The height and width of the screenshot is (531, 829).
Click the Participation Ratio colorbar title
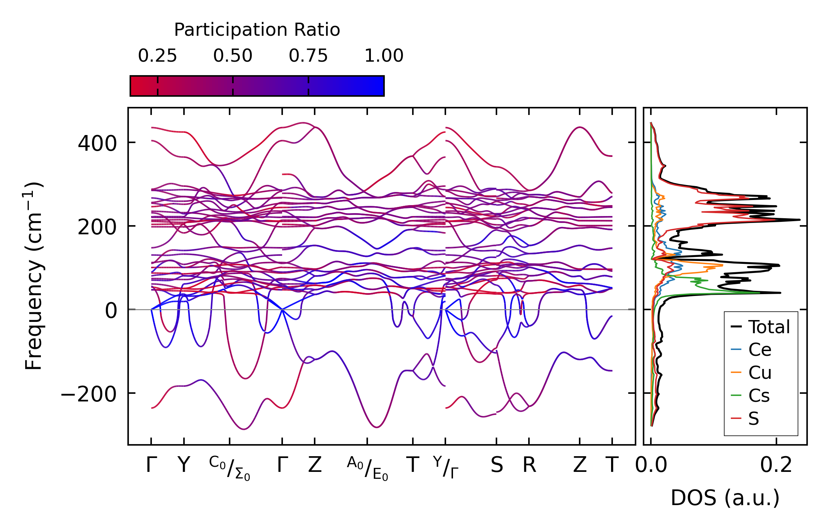pos(257,30)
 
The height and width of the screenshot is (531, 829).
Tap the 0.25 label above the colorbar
pos(157,56)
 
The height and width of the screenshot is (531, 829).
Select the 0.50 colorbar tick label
pos(233,56)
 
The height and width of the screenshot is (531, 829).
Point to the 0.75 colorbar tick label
pos(308,56)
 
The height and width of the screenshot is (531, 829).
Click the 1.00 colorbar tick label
pos(384,56)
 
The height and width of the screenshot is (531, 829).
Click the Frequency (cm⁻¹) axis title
pos(34,276)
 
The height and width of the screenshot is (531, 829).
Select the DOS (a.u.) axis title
pos(725,498)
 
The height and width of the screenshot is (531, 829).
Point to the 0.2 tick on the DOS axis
pos(776,465)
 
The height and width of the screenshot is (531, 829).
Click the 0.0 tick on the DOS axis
pos(651,465)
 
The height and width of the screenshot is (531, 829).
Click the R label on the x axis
pos(529,465)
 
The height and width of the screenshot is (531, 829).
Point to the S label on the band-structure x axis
pos(496,465)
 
